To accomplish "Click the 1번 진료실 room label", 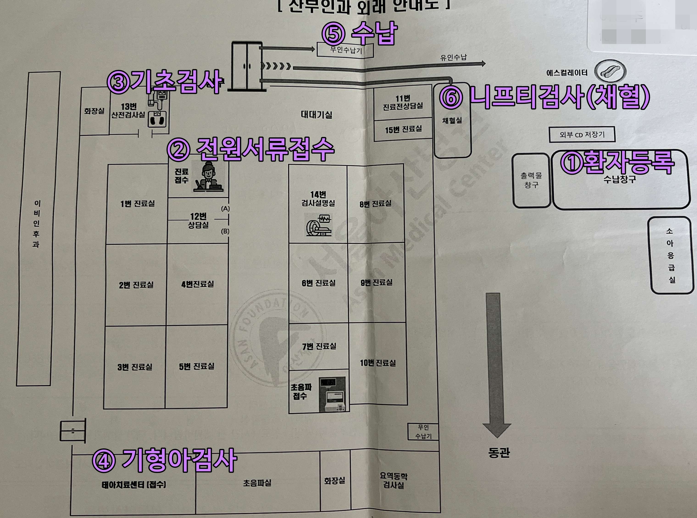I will (x=137, y=204).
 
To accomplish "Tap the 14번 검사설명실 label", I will (x=318, y=199).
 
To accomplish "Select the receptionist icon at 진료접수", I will (x=208, y=177).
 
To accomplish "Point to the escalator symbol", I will (x=611, y=72).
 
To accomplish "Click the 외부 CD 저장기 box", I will (x=582, y=135).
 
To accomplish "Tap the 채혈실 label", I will (x=452, y=120).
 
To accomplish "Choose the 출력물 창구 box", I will (x=531, y=180).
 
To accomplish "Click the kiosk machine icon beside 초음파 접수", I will (x=332, y=394).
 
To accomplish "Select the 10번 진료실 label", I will (x=378, y=363).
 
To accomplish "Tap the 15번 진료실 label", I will (x=403, y=129).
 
